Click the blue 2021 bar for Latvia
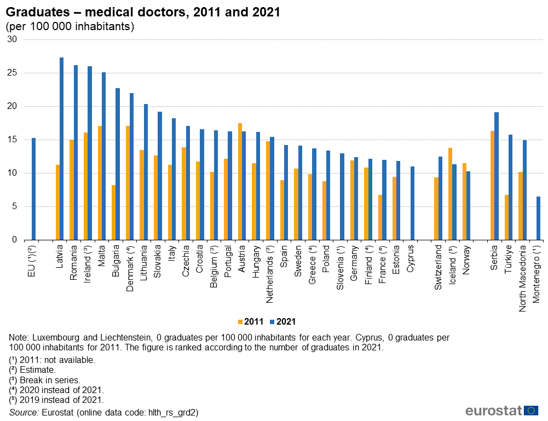(61, 148)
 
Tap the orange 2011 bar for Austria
(240, 181)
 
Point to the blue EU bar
(33, 189)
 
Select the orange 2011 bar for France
(380, 217)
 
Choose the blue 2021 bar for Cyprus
(412, 203)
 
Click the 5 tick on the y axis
(15, 206)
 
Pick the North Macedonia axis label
(523, 278)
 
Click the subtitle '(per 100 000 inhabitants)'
(70, 26)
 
